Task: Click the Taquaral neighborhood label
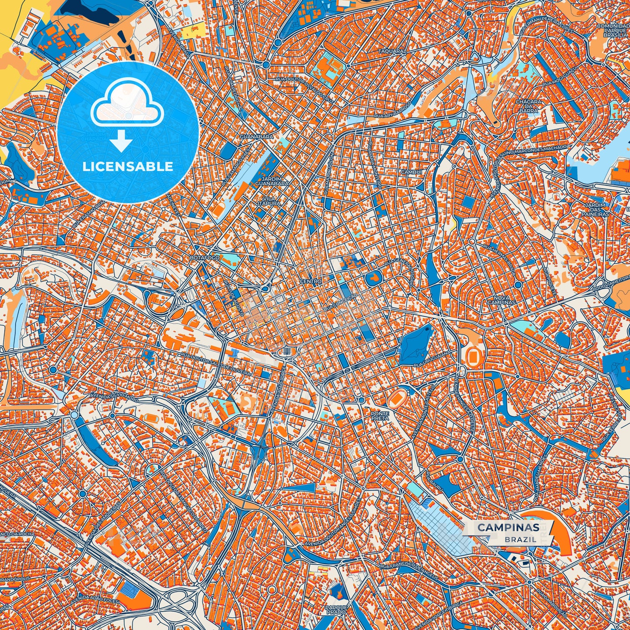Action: click(x=392, y=51)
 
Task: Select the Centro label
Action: click(x=310, y=282)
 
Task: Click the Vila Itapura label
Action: click(x=268, y=201)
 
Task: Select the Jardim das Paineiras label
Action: click(x=595, y=210)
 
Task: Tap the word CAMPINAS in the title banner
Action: click(x=508, y=528)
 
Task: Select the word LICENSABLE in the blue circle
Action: click(x=128, y=166)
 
